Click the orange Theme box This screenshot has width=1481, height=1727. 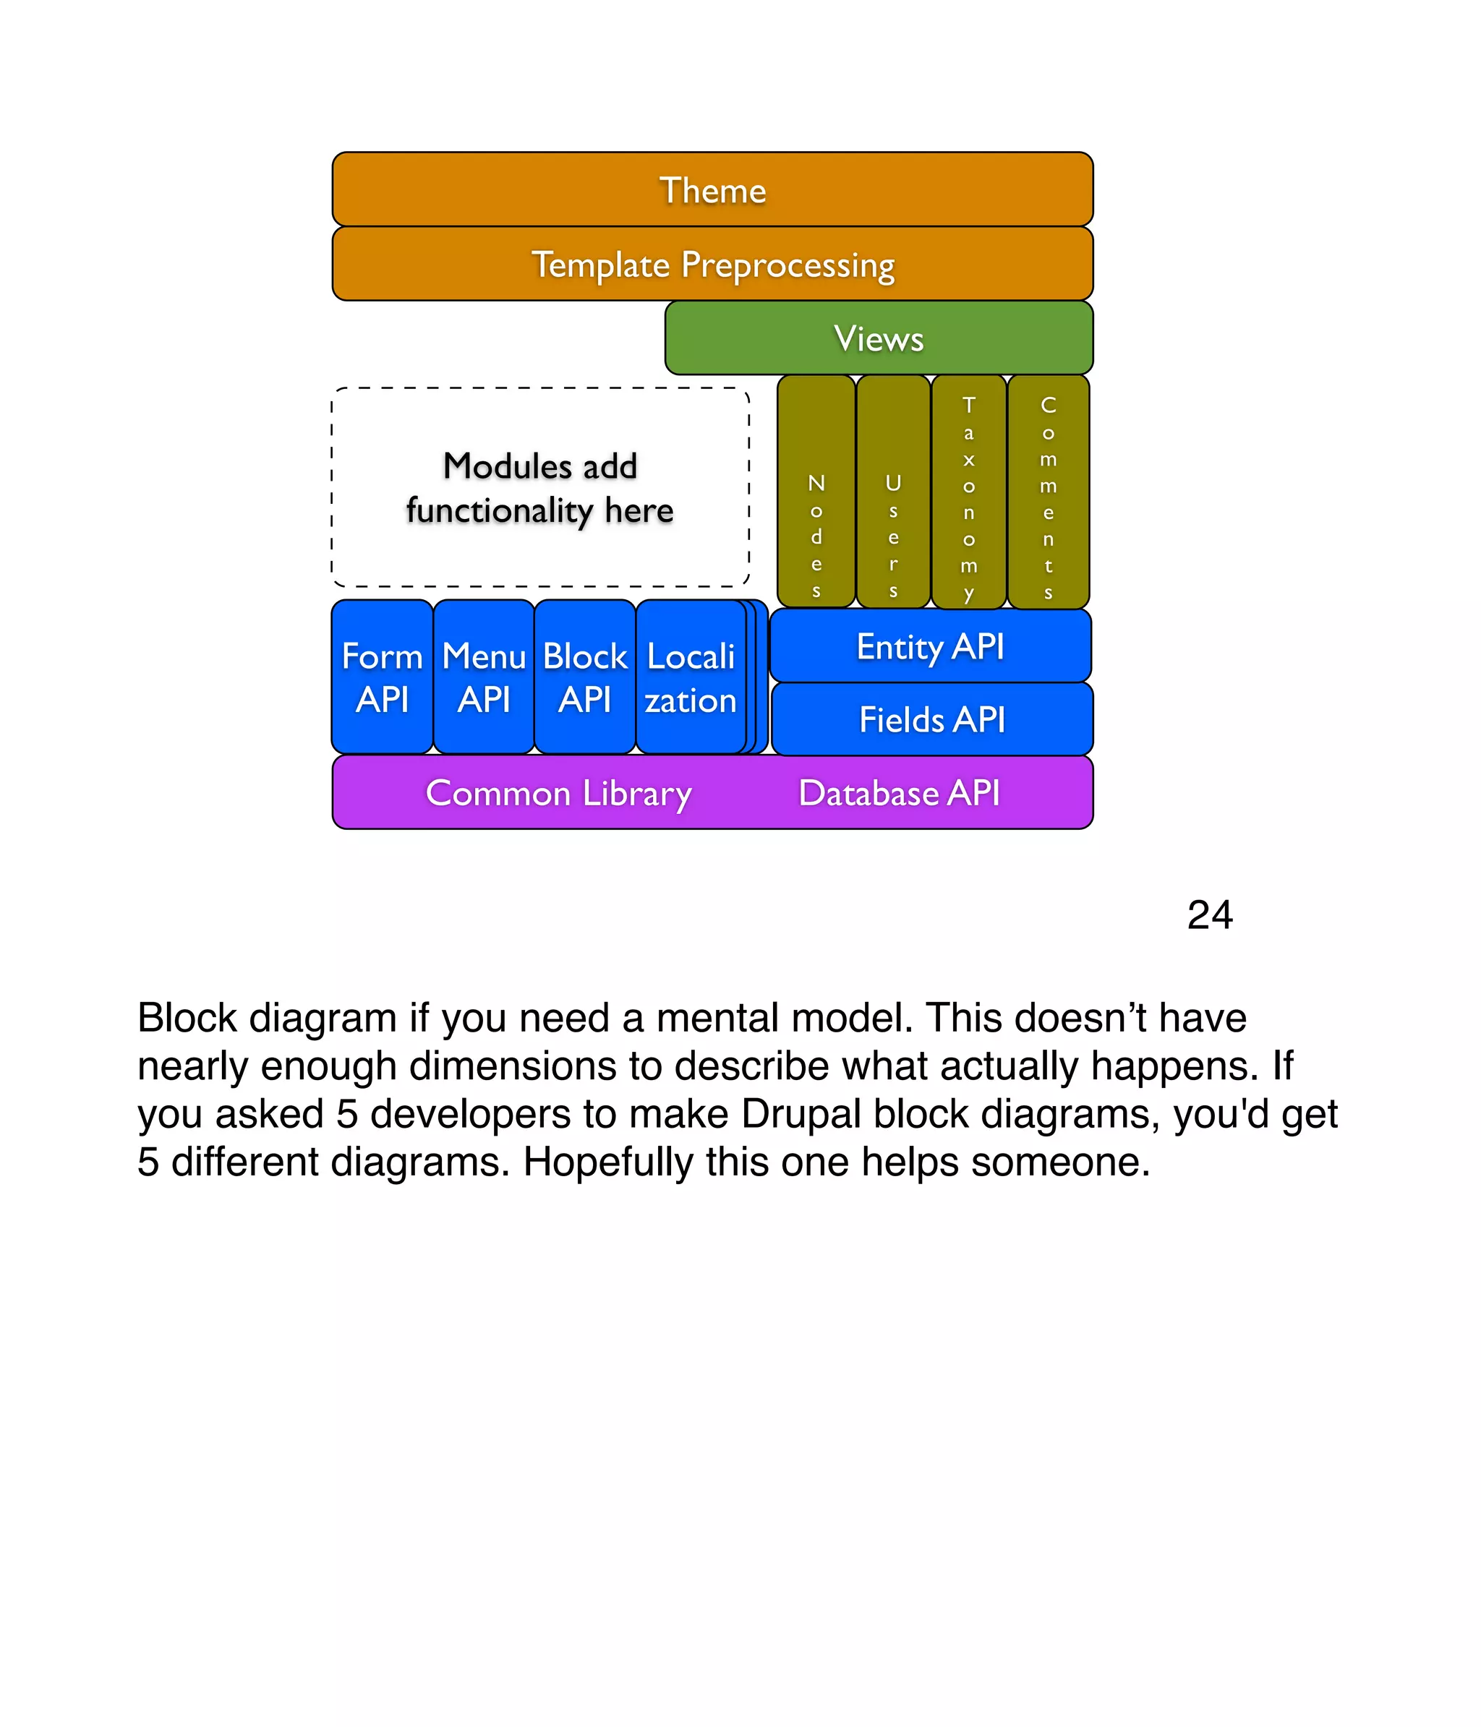(x=712, y=189)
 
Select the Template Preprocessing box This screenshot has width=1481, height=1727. (x=712, y=263)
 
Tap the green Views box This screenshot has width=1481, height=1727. (x=878, y=338)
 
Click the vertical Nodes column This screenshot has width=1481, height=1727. (x=816, y=492)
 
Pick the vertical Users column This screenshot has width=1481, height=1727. (x=892, y=492)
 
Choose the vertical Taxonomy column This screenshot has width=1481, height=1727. (x=968, y=492)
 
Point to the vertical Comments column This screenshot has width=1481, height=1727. (x=1047, y=492)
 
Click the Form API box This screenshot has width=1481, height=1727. (x=382, y=677)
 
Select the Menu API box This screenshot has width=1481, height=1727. (x=484, y=677)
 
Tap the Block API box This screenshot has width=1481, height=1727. (x=584, y=677)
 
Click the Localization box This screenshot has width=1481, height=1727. (x=691, y=677)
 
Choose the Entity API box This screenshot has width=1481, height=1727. (x=930, y=646)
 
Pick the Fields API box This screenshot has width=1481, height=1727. (x=931, y=719)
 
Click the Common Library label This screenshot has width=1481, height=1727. (x=558, y=792)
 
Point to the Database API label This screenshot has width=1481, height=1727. (x=898, y=792)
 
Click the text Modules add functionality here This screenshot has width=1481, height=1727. (x=539, y=488)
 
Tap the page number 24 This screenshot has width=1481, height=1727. (x=1209, y=914)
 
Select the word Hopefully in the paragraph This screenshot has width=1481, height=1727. (x=607, y=1162)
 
